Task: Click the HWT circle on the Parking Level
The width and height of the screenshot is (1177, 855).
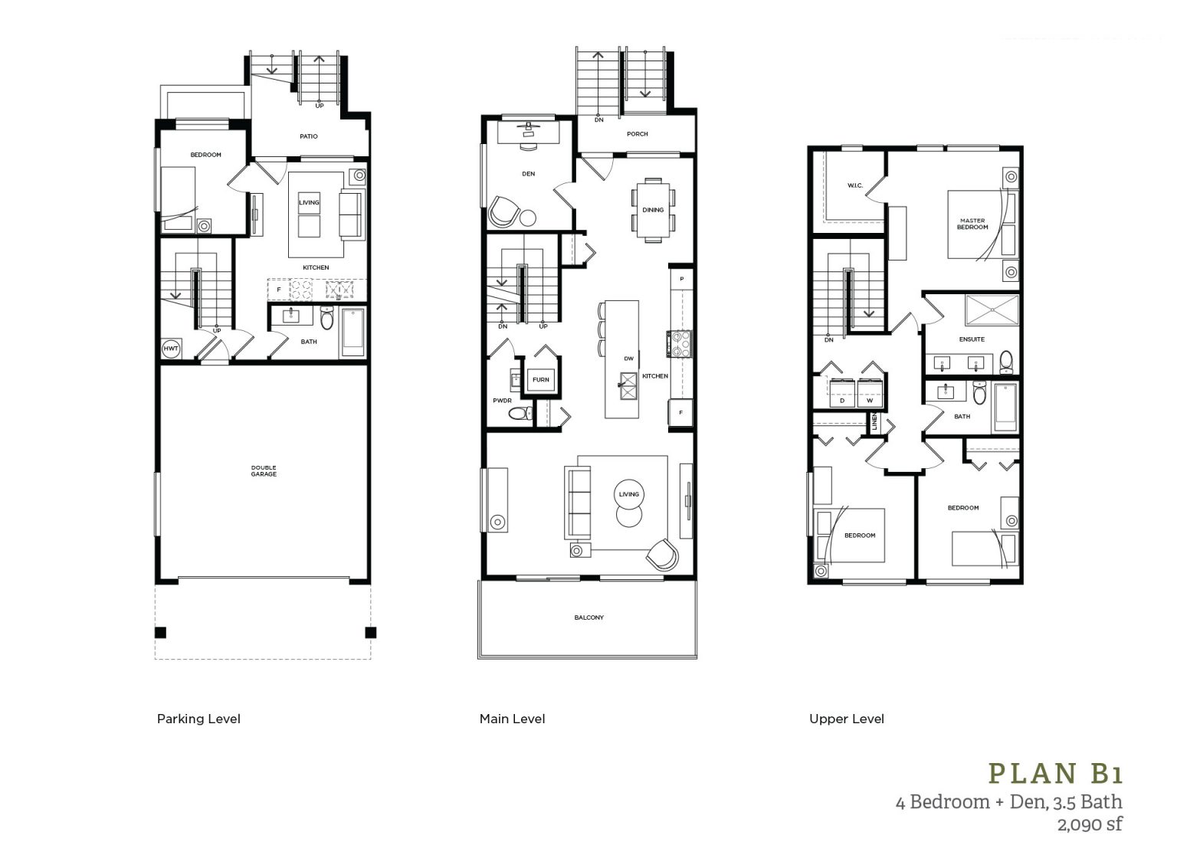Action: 170,349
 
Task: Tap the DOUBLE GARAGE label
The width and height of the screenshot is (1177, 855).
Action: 264,470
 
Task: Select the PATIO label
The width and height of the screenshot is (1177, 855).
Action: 309,136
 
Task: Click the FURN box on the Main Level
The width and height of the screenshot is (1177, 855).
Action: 540,380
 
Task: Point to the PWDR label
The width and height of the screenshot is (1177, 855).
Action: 502,400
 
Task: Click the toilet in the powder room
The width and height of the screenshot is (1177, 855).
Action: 520,414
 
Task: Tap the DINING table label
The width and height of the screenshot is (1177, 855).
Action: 653,210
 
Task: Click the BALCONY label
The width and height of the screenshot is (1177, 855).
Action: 588,617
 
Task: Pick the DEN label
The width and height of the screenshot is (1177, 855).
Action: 528,174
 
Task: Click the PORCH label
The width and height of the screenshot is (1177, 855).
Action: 637,134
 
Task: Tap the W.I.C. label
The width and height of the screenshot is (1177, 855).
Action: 855,185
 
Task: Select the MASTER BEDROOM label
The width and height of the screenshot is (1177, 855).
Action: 972,224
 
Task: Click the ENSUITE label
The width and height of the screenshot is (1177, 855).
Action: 972,339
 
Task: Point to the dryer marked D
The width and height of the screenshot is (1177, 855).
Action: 842,399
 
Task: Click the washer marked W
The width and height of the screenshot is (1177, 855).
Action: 870,399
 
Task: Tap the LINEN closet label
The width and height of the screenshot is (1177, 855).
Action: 873,422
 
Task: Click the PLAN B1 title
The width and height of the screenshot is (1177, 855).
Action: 1055,774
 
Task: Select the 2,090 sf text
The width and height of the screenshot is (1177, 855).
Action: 1090,825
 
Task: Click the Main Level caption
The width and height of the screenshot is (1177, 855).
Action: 512,719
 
